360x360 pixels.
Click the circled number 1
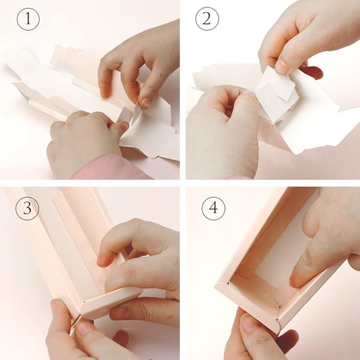[28, 19]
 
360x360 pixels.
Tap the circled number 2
[207, 19]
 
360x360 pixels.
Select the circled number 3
[27, 208]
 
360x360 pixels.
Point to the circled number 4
[213, 208]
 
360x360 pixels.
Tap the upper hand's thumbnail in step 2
[282, 65]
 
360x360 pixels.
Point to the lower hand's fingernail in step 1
[123, 126]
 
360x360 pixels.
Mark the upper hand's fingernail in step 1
[145, 103]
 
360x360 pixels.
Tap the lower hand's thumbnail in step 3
[85, 327]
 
